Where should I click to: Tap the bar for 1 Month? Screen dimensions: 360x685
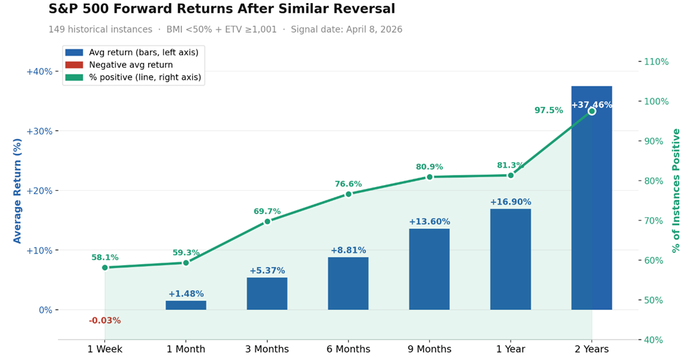(186, 305)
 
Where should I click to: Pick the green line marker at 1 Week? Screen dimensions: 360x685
(105, 267)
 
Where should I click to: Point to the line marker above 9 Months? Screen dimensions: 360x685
(429, 177)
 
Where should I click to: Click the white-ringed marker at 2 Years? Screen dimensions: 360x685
(591, 111)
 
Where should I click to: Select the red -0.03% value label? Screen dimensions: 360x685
(104, 320)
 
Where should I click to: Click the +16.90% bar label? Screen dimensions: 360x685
(510, 202)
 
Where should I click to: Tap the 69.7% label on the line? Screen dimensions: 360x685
(267, 211)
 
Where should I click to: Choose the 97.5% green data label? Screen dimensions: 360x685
(549, 110)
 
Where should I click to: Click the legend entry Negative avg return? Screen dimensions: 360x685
(131, 65)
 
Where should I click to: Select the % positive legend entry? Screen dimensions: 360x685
(145, 78)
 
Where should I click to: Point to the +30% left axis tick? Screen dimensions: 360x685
(39, 131)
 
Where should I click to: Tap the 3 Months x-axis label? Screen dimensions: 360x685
(267, 349)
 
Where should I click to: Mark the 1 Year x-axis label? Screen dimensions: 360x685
(510, 349)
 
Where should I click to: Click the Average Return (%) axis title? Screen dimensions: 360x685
(17, 191)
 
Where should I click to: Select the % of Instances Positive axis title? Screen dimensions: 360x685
(676, 190)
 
